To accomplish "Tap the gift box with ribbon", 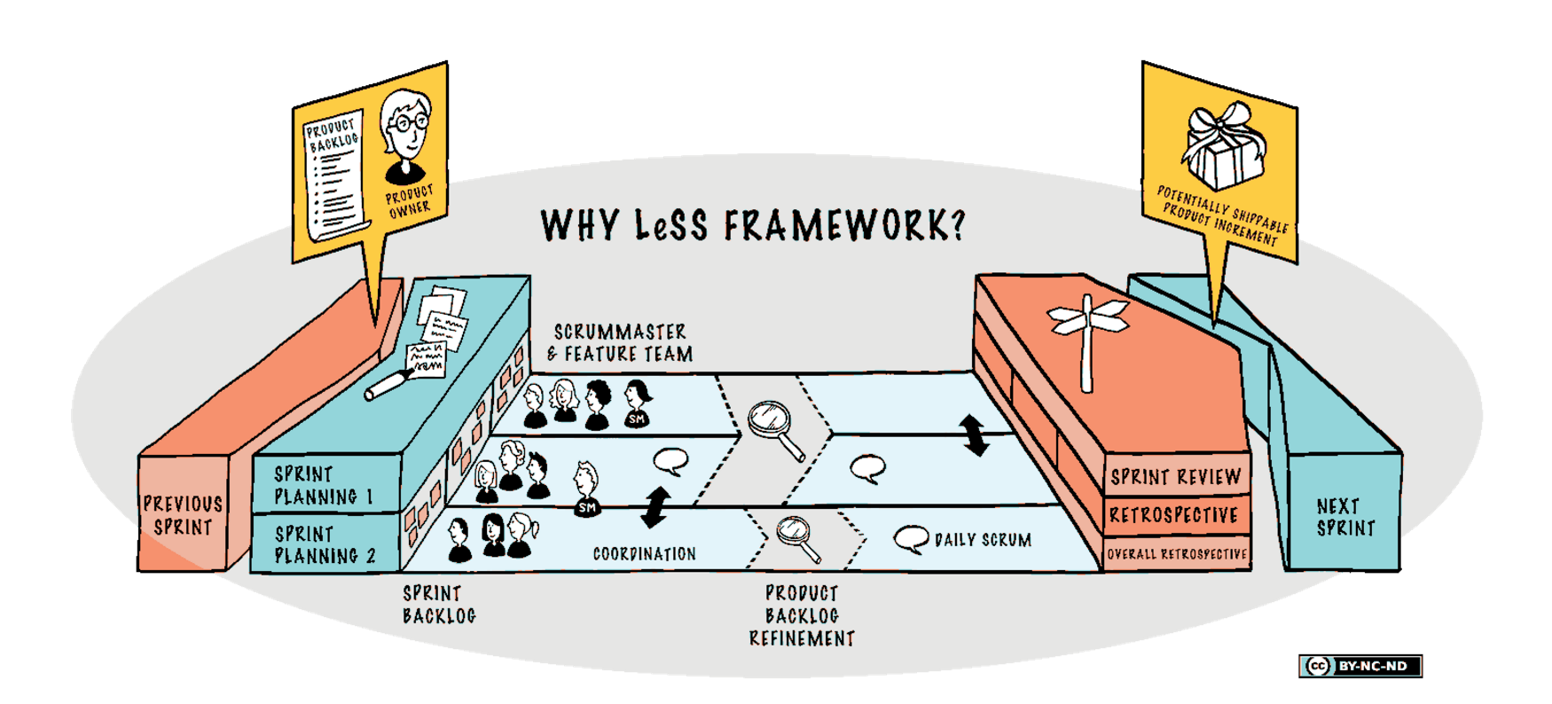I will (1223, 149).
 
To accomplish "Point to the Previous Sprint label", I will (183, 515).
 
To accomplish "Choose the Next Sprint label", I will (1344, 517).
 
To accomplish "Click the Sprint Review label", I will (1175, 477).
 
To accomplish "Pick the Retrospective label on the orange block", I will (1173, 515).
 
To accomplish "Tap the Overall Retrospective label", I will (1176, 554).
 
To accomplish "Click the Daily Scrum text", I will (983, 540).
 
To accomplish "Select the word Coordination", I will (644, 554).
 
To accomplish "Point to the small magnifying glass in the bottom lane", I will (796, 536).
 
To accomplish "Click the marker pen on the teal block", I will (388, 385).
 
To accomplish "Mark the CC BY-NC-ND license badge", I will (1360, 666).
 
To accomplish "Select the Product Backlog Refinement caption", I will (802, 615).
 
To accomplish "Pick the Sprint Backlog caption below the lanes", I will (439, 605).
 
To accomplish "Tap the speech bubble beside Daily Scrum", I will (910, 538).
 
